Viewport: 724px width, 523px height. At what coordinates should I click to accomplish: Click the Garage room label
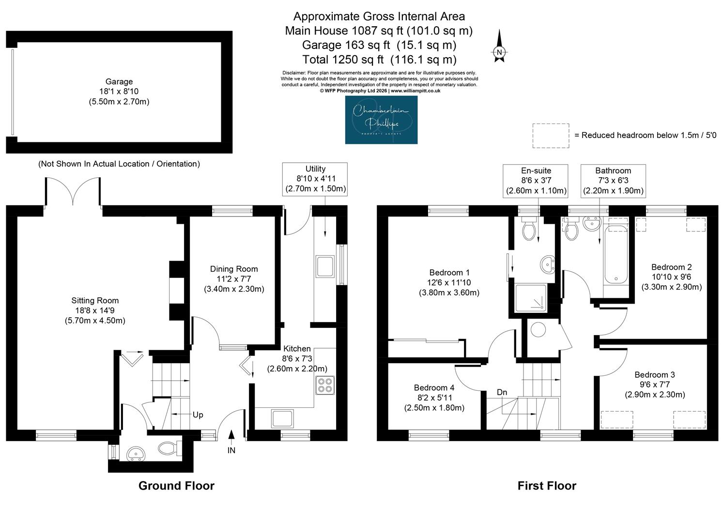119,92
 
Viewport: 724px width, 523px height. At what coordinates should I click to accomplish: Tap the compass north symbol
499,46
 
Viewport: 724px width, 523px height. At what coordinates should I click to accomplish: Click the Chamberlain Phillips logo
382,120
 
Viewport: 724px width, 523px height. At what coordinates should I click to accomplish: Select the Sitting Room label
95,310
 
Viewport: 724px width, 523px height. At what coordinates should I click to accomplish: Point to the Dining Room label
234,278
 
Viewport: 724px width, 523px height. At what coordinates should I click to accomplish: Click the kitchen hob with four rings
325,385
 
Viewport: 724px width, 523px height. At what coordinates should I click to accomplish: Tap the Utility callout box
315,179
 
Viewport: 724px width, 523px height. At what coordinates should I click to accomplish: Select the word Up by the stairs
198,415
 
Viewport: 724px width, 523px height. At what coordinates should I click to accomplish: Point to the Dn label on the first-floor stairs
502,392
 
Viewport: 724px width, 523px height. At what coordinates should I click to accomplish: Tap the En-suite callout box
536,181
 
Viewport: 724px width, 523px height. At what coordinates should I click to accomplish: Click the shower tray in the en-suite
531,298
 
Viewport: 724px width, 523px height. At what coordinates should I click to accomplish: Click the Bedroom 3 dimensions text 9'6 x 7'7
655,385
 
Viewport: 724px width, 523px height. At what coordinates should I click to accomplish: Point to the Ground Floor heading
176,486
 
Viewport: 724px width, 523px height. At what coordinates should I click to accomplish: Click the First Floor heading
547,486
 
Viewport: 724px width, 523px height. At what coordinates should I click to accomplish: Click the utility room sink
325,267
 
